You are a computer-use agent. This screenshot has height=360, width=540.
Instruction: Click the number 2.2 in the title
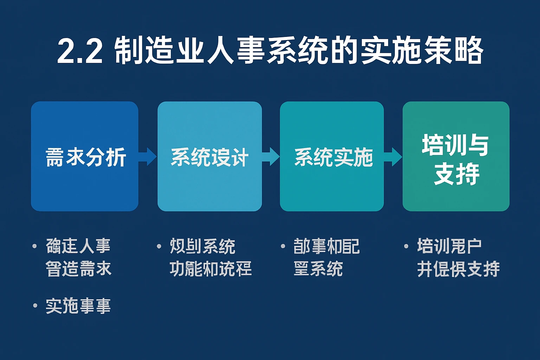click(80, 51)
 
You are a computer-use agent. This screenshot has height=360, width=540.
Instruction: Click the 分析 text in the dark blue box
click(106, 157)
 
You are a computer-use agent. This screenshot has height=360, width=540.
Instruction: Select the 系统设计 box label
click(210, 157)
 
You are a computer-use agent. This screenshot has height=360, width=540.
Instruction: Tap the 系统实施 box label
click(333, 157)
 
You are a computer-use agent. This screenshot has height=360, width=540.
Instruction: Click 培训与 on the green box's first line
click(455, 145)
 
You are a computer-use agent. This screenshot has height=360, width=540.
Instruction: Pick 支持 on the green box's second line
click(456, 174)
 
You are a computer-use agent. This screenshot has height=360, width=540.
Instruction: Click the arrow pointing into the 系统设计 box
click(148, 157)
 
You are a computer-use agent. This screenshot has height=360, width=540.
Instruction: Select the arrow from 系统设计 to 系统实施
click(271, 157)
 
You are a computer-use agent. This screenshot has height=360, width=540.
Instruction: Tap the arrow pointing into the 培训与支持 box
click(393, 157)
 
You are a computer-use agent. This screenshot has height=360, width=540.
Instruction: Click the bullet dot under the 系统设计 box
click(159, 246)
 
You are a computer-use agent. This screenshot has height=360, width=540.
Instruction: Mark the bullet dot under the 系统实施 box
click(283, 246)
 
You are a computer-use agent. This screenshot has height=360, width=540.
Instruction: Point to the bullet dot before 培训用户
click(406, 246)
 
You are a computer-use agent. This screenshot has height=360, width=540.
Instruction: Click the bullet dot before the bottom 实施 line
click(35, 306)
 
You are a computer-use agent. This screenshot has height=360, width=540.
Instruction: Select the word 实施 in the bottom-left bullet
click(62, 306)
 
